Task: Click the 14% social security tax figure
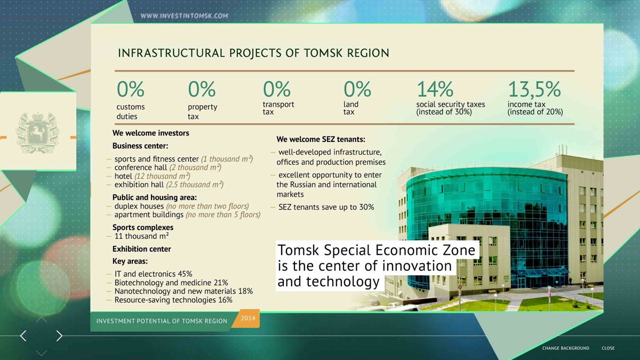[x=435, y=89]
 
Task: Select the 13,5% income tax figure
[x=534, y=90]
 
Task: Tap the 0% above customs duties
[x=130, y=89]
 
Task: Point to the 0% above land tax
[x=357, y=89]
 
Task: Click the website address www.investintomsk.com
[x=185, y=15]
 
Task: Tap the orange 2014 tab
[x=247, y=318]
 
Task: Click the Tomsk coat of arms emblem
[x=37, y=133]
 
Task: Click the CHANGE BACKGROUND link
[x=566, y=348]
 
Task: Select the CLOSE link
[x=608, y=348]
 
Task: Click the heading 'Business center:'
[x=140, y=146]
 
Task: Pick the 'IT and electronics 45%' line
[x=153, y=274]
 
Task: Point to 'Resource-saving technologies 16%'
[x=173, y=300]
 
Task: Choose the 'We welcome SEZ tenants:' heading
[x=321, y=139]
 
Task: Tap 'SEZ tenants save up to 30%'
[x=326, y=207]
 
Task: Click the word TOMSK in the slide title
[x=323, y=53]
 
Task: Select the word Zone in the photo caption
[x=459, y=250]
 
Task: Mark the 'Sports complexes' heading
[x=143, y=227]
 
